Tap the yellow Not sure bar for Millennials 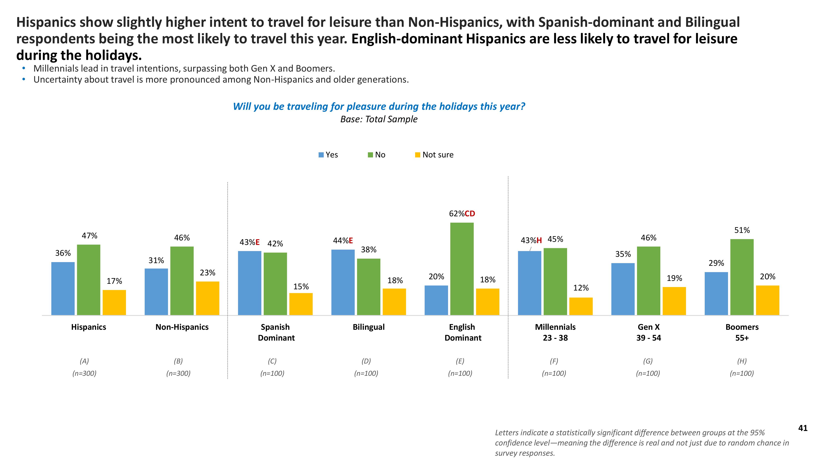coord(581,306)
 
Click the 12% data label coord(581,288)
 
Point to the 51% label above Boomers coord(742,230)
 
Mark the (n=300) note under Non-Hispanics coord(178,373)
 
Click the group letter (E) coord(460,361)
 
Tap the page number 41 coord(803,428)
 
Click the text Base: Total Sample coord(379,119)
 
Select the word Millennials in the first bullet coord(56,68)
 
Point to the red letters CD coord(470,214)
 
